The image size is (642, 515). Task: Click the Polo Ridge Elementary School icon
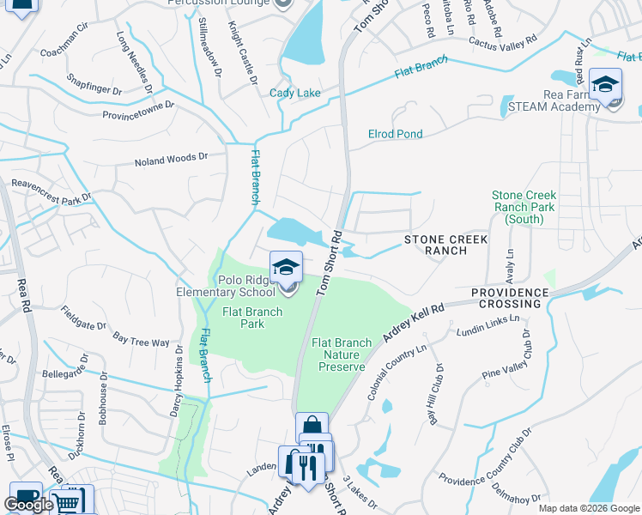pos(287,267)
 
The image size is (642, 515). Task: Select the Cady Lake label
pos(294,94)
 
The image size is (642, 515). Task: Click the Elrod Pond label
pos(395,134)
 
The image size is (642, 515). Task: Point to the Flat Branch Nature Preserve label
pos(342,354)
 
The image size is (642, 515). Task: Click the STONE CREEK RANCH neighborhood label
pos(446,245)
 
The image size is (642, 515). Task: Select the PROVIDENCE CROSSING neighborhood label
pos(509,299)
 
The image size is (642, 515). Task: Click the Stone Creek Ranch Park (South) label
pos(524,208)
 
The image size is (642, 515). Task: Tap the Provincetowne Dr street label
pos(138,110)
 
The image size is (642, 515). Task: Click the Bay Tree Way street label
pos(142,341)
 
